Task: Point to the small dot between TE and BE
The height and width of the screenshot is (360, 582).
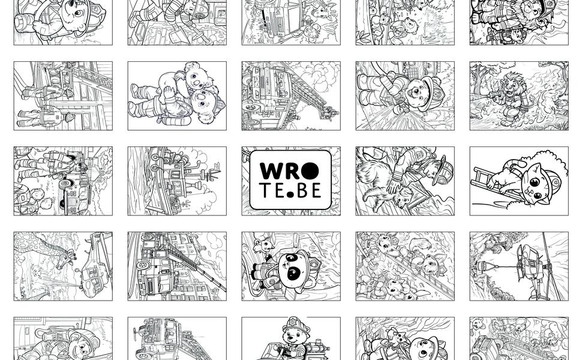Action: (290, 194)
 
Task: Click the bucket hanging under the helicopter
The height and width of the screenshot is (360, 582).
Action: (480, 266)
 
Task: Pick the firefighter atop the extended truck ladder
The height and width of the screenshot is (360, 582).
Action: (331, 112)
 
